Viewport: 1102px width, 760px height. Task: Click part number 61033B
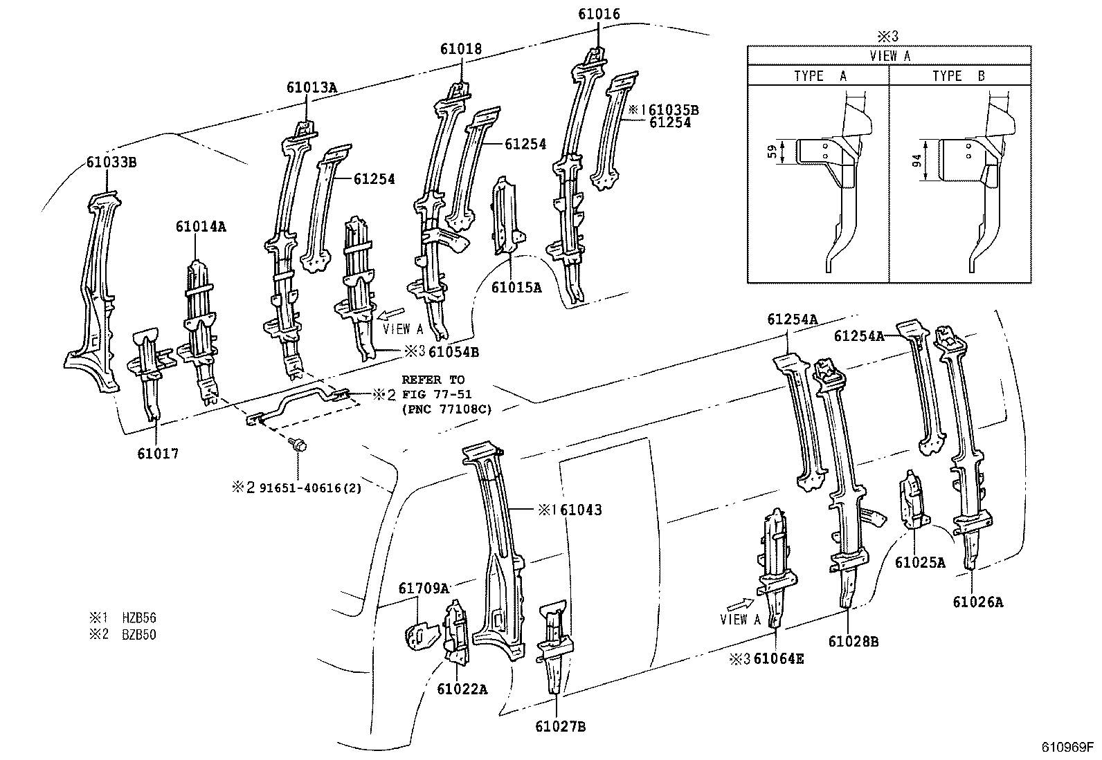point(111,163)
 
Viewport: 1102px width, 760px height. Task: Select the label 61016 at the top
point(599,14)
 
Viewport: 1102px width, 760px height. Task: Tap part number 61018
point(461,49)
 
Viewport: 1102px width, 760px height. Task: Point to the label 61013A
point(311,87)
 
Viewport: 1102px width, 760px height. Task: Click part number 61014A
point(201,226)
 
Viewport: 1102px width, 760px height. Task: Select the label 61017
point(157,454)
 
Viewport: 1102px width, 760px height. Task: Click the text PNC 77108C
point(446,409)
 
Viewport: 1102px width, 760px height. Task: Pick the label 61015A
point(516,287)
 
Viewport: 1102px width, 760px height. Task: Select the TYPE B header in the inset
point(958,76)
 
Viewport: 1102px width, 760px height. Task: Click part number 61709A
point(424,588)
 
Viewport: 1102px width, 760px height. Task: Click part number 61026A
point(977,602)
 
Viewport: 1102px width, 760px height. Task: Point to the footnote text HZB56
point(139,617)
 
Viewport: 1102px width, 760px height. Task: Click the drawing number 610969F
point(1067,748)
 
